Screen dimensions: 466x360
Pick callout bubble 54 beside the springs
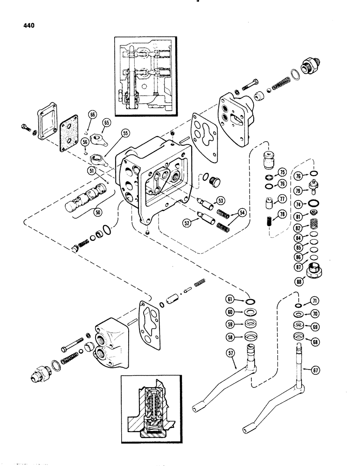(x=242, y=212)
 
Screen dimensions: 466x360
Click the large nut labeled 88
(x=315, y=270)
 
